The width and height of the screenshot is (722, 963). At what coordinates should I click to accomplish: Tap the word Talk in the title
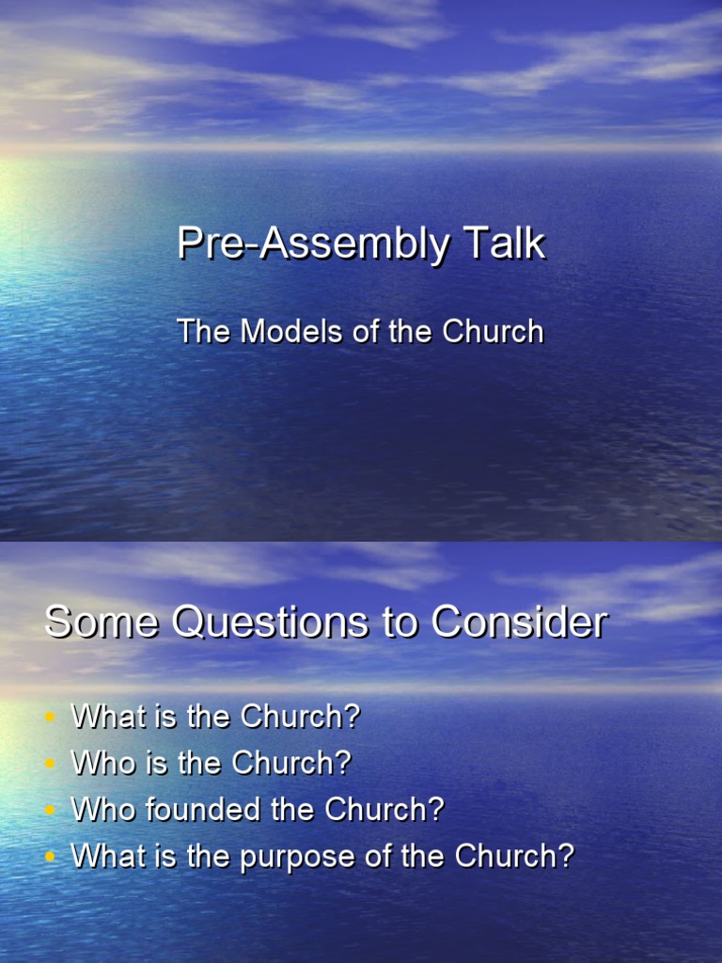504,245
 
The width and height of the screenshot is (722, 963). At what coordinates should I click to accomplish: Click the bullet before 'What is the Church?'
51,718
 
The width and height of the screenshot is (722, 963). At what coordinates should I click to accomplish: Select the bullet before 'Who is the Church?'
51,764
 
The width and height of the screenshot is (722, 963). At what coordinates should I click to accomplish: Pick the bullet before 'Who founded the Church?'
51,811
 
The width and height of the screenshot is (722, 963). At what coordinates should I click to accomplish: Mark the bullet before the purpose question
51,857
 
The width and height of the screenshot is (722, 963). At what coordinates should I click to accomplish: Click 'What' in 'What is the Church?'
104,717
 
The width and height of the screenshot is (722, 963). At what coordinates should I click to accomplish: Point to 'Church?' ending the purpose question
514,856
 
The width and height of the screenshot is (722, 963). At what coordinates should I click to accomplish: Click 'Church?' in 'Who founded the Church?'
385,810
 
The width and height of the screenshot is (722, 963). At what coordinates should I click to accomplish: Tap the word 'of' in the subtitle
368,331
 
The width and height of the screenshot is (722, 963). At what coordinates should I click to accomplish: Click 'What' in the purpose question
104,856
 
